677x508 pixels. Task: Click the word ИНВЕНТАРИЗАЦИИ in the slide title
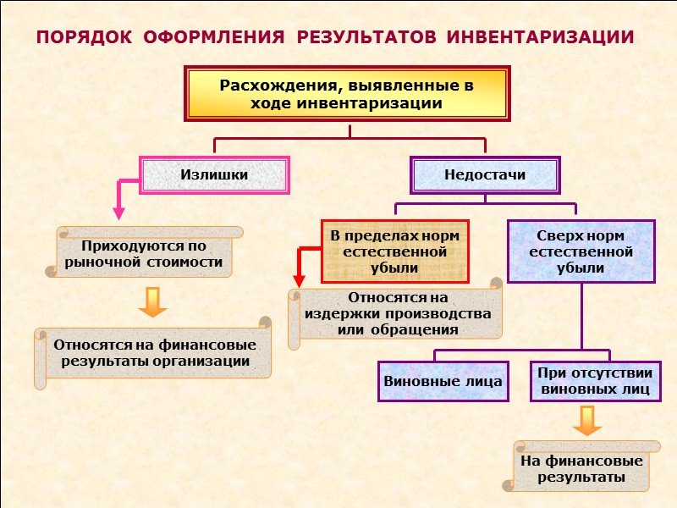coord(540,38)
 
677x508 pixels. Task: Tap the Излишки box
coord(214,175)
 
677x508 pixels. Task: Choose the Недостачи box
coord(485,175)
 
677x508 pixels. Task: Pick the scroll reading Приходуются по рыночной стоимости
coord(144,254)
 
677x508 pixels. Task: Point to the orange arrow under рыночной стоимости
coord(152,302)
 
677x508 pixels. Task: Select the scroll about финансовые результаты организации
coord(155,353)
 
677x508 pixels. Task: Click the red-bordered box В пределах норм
coord(394,251)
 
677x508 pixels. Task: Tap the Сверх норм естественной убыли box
coord(581,251)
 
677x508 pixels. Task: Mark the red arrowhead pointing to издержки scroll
coord(298,279)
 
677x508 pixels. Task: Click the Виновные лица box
coord(443,382)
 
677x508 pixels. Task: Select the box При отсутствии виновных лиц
coord(595,382)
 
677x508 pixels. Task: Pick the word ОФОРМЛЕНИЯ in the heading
coord(213,38)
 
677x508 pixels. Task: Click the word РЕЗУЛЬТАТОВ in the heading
coord(366,38)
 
